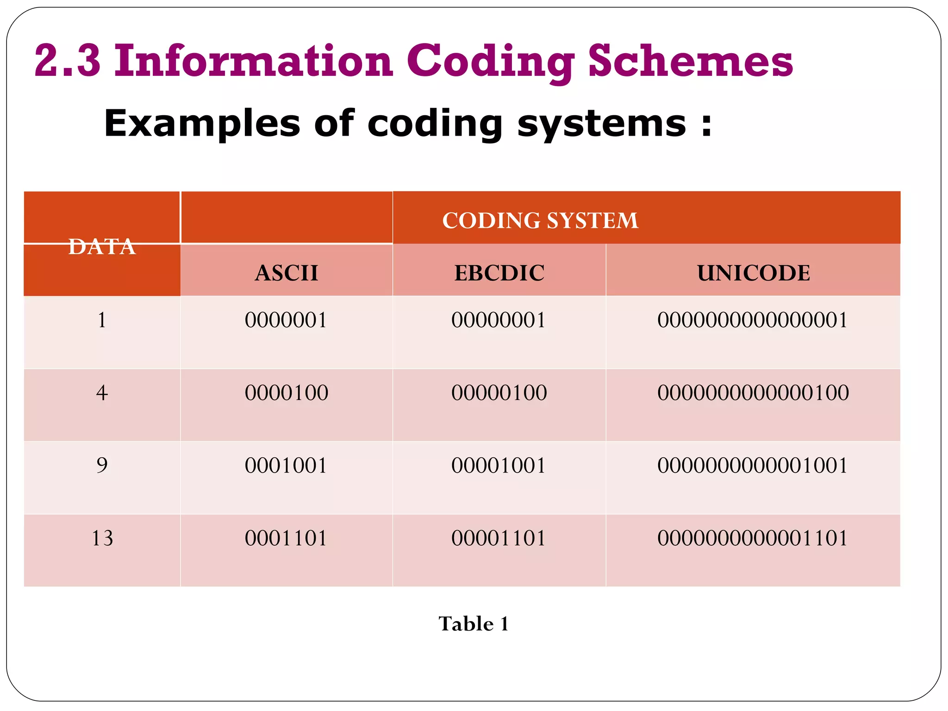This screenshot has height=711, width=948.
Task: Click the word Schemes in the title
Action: click(691, 61)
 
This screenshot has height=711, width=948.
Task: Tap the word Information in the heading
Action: click(254, 61)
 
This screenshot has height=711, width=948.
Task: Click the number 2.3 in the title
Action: click(68, 61)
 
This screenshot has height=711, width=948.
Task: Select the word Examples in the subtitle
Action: click(202, 124)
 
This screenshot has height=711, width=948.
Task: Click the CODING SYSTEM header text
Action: click(540, 220)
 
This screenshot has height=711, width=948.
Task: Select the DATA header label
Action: click(102, 246)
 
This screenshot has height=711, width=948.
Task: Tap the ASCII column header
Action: click(287, 273)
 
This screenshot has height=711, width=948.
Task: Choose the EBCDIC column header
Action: click(499, 273)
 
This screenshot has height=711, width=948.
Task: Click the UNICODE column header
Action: click(753, 273)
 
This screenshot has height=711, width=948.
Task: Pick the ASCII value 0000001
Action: click(286, 320)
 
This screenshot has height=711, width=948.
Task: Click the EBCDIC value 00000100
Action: click(499, 393)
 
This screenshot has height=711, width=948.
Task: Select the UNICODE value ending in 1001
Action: click(752, 465)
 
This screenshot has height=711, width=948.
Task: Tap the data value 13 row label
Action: click(102, 538)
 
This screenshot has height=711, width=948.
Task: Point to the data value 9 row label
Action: click(102, 465)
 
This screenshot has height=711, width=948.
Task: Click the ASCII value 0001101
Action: click(286, 538)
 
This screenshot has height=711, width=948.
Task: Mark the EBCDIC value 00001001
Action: click(498, 465)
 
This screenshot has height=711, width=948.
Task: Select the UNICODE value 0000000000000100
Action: click(753, 393)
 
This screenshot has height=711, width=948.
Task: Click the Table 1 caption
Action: click(474, 624)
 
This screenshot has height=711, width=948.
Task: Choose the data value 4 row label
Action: click(102, 393)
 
